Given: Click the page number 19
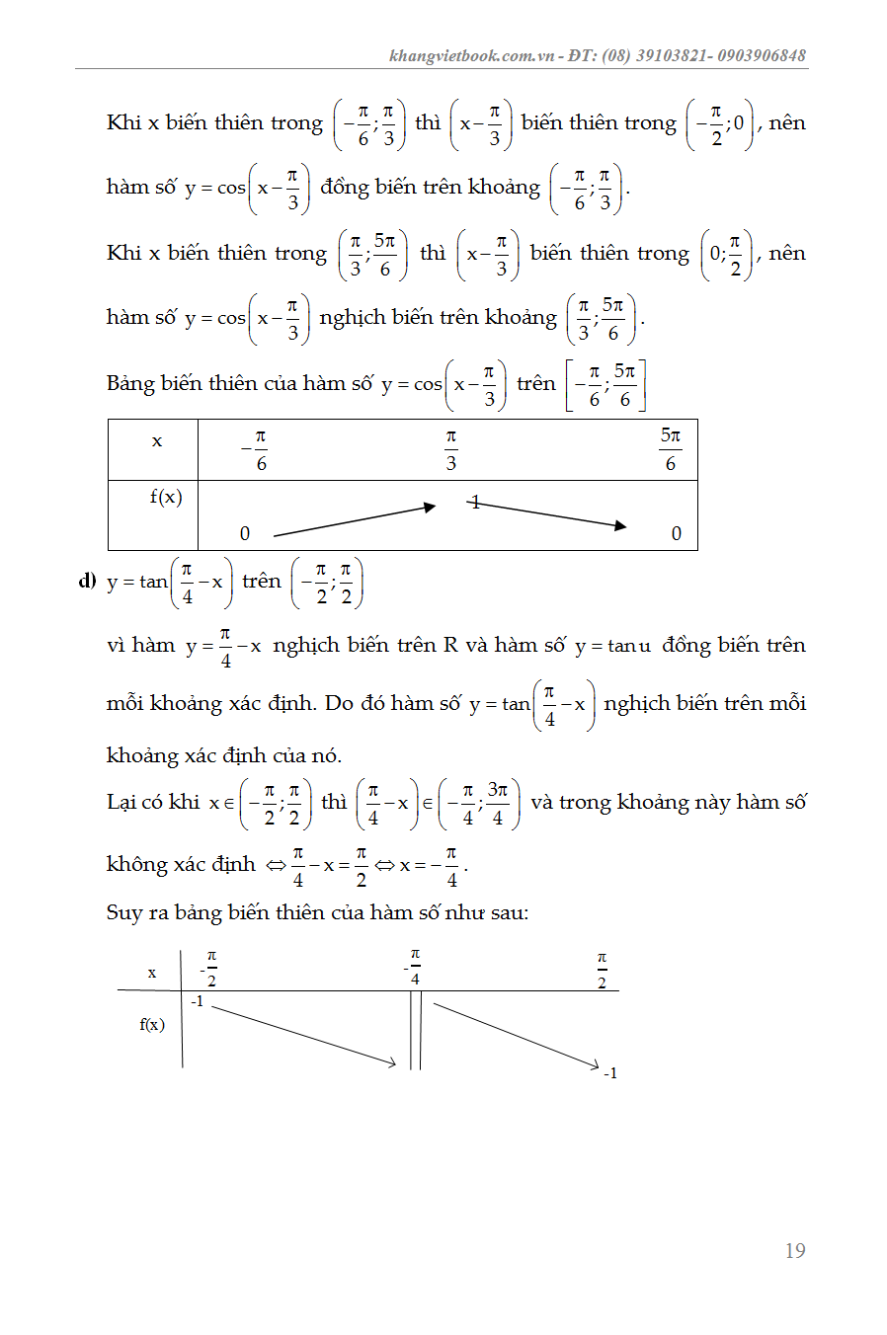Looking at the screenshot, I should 795,1251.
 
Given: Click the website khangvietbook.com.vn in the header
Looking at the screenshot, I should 472,55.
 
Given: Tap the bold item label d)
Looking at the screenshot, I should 88,580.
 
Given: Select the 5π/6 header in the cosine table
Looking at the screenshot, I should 671,449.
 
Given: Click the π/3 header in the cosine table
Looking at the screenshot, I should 450,449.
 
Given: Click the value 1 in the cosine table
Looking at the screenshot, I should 475,503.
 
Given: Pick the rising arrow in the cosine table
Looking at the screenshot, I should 354,520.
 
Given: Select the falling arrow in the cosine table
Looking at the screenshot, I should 549,514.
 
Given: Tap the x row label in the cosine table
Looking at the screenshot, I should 156,441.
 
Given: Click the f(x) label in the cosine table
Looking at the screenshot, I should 166,497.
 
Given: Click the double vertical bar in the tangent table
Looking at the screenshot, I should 416,1030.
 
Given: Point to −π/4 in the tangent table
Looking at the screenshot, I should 413,967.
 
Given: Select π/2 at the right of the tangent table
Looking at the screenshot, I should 602,970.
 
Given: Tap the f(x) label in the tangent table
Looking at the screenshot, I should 152,1024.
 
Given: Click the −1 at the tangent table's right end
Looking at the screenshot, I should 610,1073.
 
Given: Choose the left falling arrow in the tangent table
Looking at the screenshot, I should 303,1035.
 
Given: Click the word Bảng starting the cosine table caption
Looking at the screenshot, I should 129,383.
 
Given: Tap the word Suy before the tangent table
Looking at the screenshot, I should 124,912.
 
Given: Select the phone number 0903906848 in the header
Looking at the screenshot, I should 761,55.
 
